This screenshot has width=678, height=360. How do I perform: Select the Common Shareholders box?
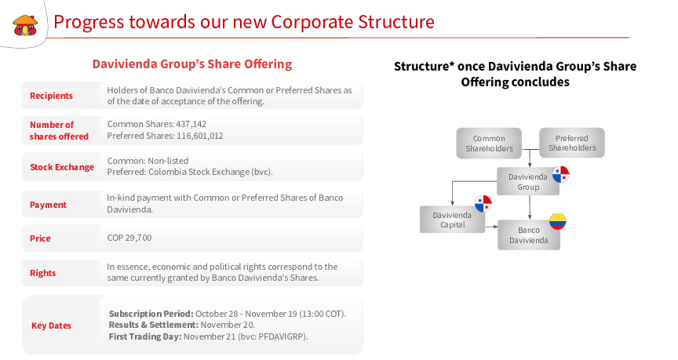[489, 143]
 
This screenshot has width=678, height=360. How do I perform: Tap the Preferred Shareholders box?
[572, 143]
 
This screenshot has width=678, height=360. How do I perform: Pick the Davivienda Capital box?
[451, 220]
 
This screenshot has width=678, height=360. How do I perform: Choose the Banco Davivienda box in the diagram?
[529, 235]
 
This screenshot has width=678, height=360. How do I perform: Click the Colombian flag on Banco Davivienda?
[557, 221]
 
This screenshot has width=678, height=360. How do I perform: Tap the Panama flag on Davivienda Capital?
[482, 204]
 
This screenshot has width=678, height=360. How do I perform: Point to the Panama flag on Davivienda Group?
[560, 174]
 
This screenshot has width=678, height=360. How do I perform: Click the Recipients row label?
[51, 96]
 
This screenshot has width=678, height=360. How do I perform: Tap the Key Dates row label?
[51, 325]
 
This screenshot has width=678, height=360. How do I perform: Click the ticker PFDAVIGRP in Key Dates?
[281, 336]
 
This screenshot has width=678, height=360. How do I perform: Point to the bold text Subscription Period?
[151, 314]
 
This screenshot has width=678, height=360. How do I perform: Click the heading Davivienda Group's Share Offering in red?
[191, 64]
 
